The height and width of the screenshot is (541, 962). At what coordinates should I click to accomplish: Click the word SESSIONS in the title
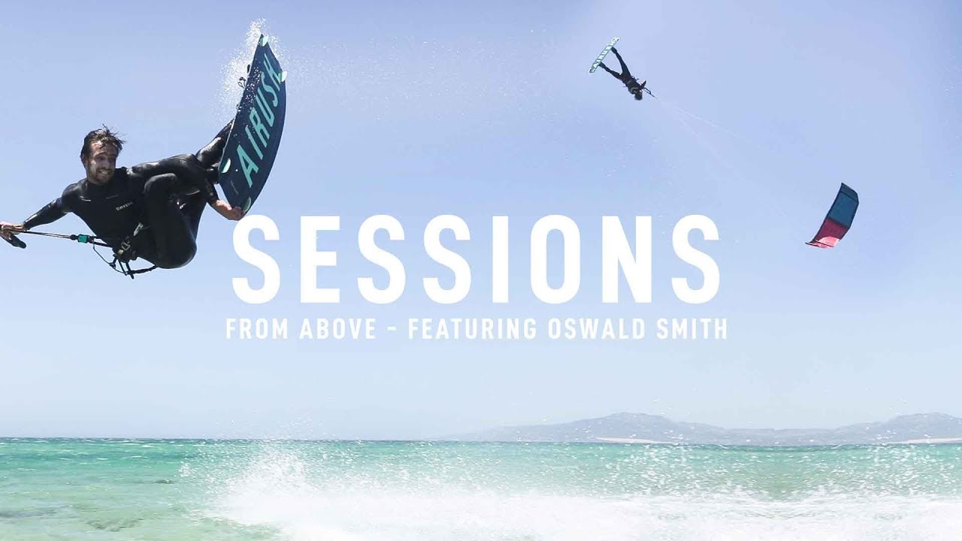pos(475,260)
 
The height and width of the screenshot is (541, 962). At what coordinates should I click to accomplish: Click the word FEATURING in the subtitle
pos(473,329)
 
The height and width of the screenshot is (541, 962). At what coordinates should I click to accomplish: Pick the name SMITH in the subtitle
pos(691,329)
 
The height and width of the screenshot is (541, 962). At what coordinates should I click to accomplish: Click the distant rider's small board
pos(604,55)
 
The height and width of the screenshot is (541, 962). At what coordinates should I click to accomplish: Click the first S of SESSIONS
pos(256,260)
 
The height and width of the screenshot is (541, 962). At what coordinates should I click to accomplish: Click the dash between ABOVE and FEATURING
pos(392,329)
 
